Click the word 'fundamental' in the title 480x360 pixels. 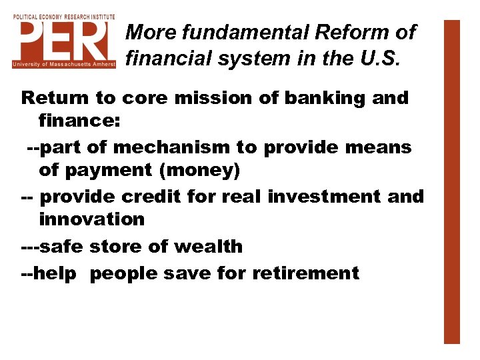[235, 32]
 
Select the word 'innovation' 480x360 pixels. [91, 219]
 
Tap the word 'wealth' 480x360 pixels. [208, 247]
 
